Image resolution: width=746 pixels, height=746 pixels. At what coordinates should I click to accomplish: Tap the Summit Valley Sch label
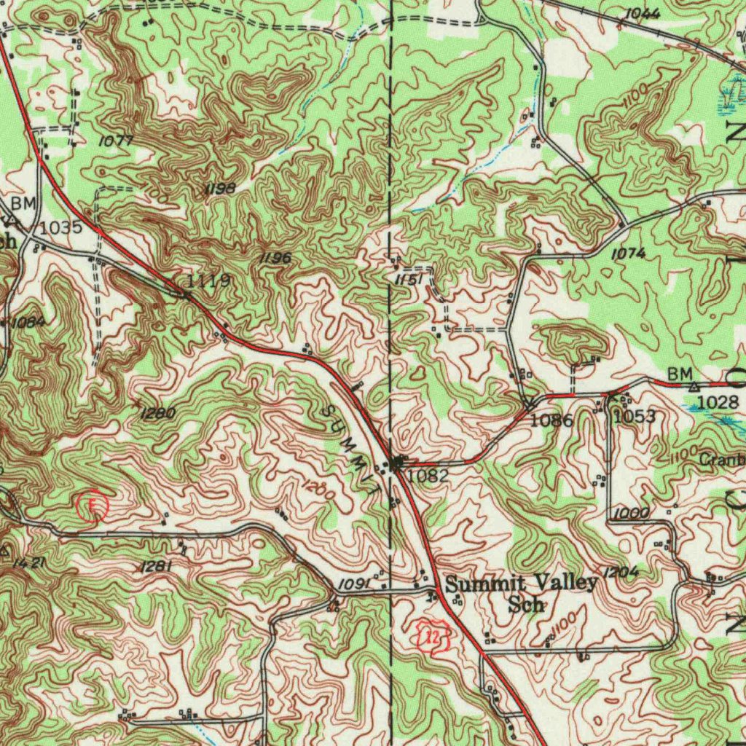pyautogui.click(x=522, y=592)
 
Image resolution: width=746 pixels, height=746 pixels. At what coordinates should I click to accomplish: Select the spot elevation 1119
pyautogui.click(x=209, y=281)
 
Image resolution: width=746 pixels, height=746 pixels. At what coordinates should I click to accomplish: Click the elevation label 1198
pyautogui.click(x=220, y=189)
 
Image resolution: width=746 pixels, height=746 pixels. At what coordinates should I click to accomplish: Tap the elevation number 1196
pyautogui.click(x=275, y=259)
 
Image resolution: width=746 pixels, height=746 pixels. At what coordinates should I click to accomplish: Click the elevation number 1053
pyautogui.click(x=634, y=417)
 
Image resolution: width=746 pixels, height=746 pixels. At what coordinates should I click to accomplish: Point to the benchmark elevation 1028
pyautogui.click(x=718, y=402)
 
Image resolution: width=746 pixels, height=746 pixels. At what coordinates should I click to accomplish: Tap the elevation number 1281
pyautogui.click(x=154, y=566)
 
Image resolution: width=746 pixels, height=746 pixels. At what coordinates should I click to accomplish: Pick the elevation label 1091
pyautogui.click(x=353, y=584)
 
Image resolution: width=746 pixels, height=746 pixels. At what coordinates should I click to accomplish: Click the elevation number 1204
pyautogui.click(x=621, y=573)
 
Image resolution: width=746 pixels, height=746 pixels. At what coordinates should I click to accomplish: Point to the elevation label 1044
pyautogui.click(x=642, y=14)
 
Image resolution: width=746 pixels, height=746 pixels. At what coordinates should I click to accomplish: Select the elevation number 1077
pyautogui.click(x=115, y=141)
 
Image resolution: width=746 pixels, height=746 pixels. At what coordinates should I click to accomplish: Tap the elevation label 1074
pyautogui.click(x=628, y=254)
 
